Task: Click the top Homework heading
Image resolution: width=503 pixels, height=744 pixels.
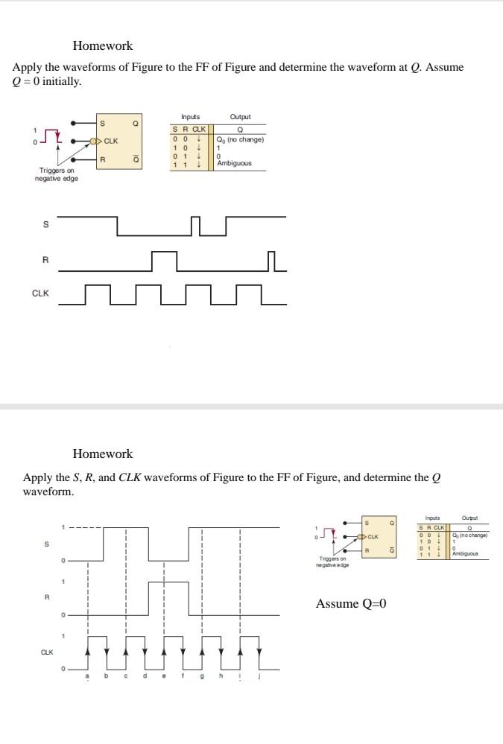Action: pos(103,46)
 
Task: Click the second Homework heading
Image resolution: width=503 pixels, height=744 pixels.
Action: pos(103,454)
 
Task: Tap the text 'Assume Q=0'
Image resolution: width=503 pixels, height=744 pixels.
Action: pos(351,603)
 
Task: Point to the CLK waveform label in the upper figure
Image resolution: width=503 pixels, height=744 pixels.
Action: pos(40,293)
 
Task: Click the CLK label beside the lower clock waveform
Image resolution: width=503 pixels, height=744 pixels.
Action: pos(46,652)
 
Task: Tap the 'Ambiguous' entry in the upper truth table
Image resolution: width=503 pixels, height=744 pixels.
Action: pos(234,163)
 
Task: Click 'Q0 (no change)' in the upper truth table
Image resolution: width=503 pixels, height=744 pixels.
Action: pos(240,139)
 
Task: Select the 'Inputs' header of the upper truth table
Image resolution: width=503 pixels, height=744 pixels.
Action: pos(191,117)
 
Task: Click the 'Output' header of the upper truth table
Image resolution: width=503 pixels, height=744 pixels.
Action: pos(240,117)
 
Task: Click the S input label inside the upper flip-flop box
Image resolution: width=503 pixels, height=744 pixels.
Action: pos(102,123)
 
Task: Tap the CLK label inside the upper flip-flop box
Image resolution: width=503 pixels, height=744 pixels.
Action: pos(111,141)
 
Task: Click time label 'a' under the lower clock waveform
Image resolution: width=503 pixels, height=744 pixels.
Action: pos(88,677)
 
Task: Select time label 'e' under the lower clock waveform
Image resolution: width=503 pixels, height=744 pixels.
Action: pos(164,677)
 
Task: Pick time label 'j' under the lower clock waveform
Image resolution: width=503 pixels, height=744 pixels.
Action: pos(259,677)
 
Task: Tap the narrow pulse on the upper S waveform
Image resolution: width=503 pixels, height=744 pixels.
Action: pos(196,226)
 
